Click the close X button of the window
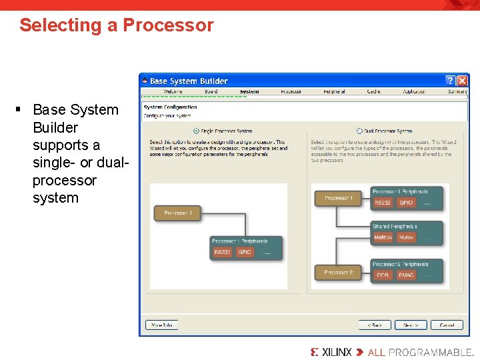tap(462, 81)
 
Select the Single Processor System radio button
tap(196, 131)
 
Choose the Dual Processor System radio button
tap(360, 131)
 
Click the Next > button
tap(410, 325)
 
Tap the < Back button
tap(374, 325)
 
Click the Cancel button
tap(446, 325)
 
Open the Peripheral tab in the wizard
tap(333, 91)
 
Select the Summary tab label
tap(457, 91)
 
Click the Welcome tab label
tap(173, 91)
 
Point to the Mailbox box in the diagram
tap(383, 237)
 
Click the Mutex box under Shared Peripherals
tap(406, 237)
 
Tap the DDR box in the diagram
tap(383, 275)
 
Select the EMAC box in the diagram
tap(406, 275)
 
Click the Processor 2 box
tap(338, 273)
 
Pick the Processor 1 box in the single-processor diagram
tap(177, 213)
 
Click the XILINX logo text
tap(337, 351)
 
